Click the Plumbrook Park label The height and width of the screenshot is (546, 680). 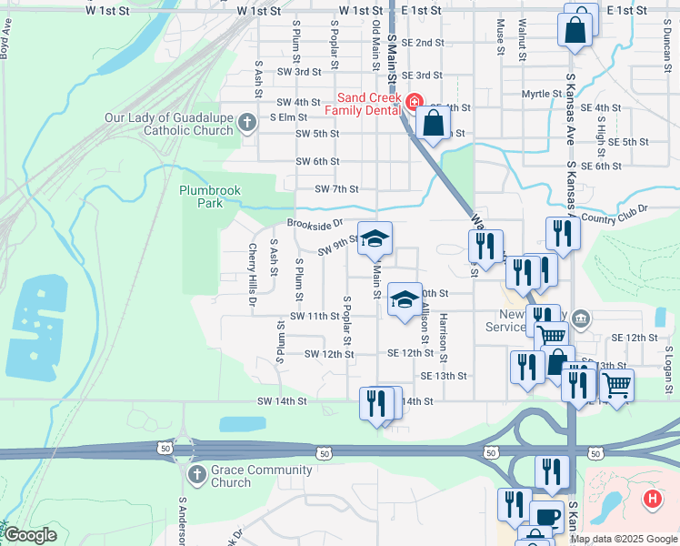[x=210, y=197]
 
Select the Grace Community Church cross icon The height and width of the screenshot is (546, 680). [x=196, y=475]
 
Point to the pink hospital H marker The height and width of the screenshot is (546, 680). [x=651, y=499]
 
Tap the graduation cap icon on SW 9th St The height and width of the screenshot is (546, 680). [x=374, y=239]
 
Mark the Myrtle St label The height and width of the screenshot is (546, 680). [x=541, y=94]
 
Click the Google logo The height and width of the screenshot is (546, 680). [x=30, y=535]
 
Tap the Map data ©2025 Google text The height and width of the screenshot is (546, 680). [x=623, y=539]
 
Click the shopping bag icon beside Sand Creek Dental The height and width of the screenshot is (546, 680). [x=435, y=122]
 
